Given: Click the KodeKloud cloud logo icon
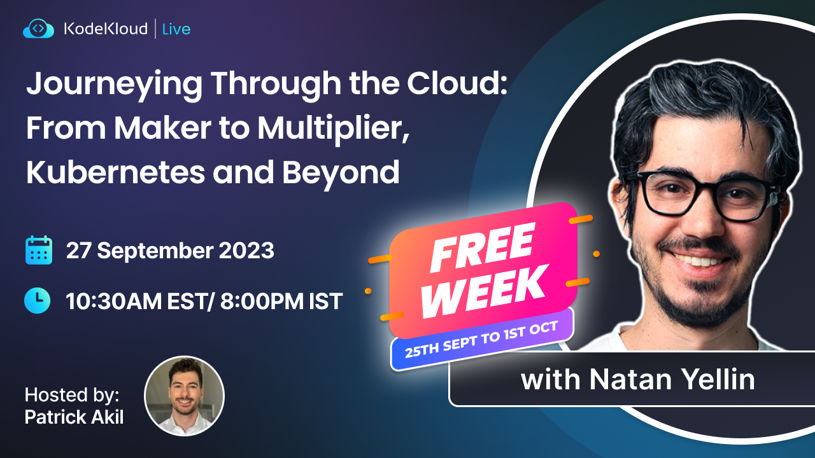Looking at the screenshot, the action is point(39,29).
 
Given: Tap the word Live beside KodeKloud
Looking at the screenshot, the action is point(176,29).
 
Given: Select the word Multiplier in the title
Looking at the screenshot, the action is point(334,129).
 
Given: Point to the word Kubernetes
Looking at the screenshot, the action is point(116,172).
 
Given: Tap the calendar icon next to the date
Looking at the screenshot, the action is point(39,250).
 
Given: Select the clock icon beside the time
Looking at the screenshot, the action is point(37,301).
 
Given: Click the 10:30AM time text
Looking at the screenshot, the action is point(113,302).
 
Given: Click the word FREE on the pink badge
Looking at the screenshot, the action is point(483,247).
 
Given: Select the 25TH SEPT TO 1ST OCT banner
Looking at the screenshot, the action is point(482,339).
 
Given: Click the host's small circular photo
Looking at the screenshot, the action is point(185,396).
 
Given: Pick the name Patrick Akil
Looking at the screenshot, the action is point(74,417).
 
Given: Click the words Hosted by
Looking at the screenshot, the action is point(72,395).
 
